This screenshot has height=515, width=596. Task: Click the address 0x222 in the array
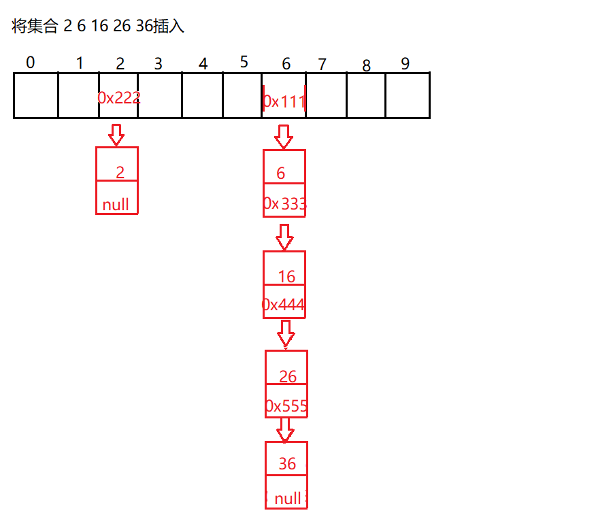(118, 98)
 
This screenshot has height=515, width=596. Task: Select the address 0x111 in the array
(284, 101)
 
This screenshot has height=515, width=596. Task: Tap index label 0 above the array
(30, 63)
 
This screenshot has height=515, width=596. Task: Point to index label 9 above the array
(405, 64)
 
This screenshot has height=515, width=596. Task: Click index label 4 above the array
(203, 64)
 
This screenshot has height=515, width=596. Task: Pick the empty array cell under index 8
(366, 95)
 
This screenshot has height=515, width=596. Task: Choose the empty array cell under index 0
(35, 95)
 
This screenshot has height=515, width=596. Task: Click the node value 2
(120, 172)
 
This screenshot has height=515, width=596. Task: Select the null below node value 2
(116, 205)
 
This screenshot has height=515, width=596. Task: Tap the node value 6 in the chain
(281, 173)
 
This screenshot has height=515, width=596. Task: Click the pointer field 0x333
(284, 204)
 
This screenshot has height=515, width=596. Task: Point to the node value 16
(287, 276)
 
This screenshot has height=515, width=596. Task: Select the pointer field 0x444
(283, 305)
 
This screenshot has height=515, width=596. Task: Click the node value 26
(288, 376)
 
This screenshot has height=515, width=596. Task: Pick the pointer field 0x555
(286, 407)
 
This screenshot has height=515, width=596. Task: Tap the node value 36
(287, 463)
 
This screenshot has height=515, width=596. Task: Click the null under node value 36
(287, 499)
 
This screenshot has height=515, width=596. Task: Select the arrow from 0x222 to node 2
(116, 134)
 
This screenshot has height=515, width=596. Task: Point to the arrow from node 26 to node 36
(286, 429)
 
